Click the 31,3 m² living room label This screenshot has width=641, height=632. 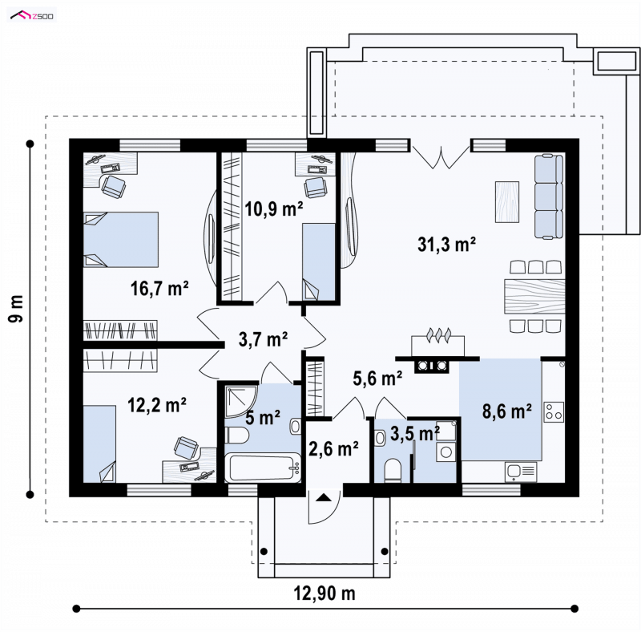446,245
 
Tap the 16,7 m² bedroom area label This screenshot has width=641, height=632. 159,289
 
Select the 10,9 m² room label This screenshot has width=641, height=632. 273,209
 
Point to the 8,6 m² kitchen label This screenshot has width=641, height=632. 507,411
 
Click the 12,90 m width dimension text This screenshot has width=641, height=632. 325,593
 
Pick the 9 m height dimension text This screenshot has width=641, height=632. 16,308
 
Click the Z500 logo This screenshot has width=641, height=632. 32,16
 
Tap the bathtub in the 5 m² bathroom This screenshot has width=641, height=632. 263,468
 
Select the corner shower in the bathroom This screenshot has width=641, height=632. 241,400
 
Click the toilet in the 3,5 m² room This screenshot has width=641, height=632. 393,470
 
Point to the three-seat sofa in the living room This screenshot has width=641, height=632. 549,196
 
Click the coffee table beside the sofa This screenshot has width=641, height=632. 507,202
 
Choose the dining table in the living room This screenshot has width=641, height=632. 534,296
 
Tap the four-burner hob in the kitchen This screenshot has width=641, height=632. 554,411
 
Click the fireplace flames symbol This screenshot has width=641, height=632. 438,334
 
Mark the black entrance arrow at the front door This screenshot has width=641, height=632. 325,497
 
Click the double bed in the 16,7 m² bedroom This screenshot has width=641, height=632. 121,240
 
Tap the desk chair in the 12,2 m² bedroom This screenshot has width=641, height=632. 187,447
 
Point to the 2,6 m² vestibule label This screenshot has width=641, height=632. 333,448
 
